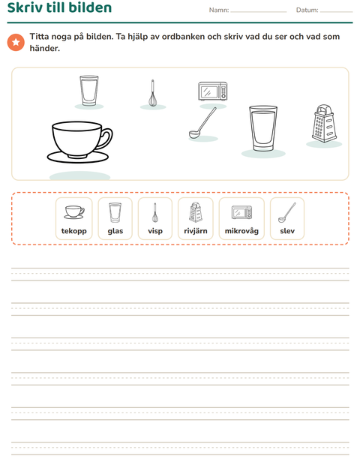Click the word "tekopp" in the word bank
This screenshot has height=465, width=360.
pyautogui.click(x=73, y=231)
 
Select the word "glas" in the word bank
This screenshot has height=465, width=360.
pyautogui.click(x=115, y=231)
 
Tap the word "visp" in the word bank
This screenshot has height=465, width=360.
pyautogui.click(x=155, y=231)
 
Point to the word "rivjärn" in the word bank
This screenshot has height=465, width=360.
pyautogui.click(x=196, y=231)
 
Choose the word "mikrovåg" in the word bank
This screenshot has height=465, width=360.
pyautogui.click(x=241, y=231)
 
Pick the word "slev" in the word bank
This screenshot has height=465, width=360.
pyautogui.click(x=287, y=231)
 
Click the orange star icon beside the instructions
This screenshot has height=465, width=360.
pyautogui.click(x=16, y=43)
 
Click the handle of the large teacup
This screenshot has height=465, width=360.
pyautogui.click(x=106, y=138)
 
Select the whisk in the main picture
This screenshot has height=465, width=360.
pyautogui.click(x=153, y=93)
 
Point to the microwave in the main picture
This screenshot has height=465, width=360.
pyautogui.click(x=212, y=91)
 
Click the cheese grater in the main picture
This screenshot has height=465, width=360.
pyautogui.click(x=324, y=123)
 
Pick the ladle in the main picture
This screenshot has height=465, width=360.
pyautogui.click(x=202, y=123)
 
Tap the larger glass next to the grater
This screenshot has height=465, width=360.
pyautogui.click(x=263, y=128)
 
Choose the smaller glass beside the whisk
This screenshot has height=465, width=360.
pyautogui.click(x=89, y=91)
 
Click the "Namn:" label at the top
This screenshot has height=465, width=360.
pyautogui.click(x=219, y=10)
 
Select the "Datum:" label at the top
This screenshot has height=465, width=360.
pyautogui.click(x=307, y=10)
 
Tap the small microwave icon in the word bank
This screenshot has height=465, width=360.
pyautogui.click(x=241, y=212)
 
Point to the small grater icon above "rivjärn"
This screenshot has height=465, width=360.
pyautogui.click(x=196, y=212)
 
